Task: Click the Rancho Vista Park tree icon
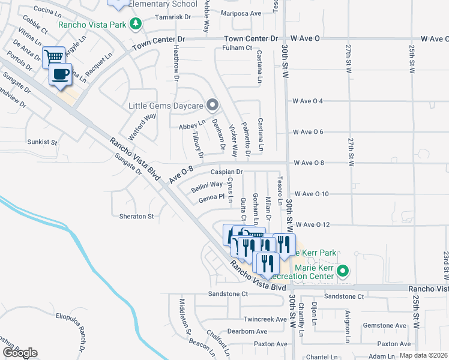tap(136, 24)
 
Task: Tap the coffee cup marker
tap(60, 74)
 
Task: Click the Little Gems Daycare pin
tap(211, 106)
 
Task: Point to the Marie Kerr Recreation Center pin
tap(343, 271)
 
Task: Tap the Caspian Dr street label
tap(226, 172)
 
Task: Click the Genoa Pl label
tap(212, 196)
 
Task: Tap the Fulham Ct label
tap(237, 48)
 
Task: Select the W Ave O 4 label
tap(308, 101)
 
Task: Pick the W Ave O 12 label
tap(313, 224)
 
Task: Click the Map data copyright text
tap(423, 355)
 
